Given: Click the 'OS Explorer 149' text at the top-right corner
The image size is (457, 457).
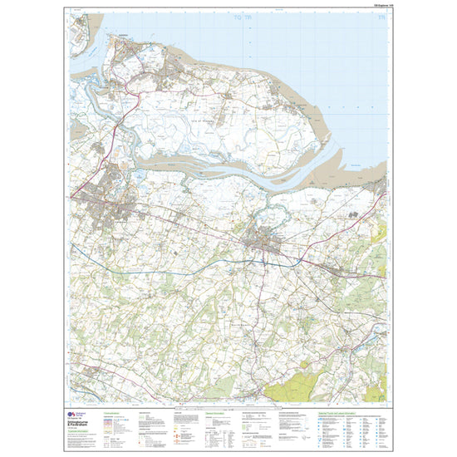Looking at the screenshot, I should [x=375, y=7].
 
